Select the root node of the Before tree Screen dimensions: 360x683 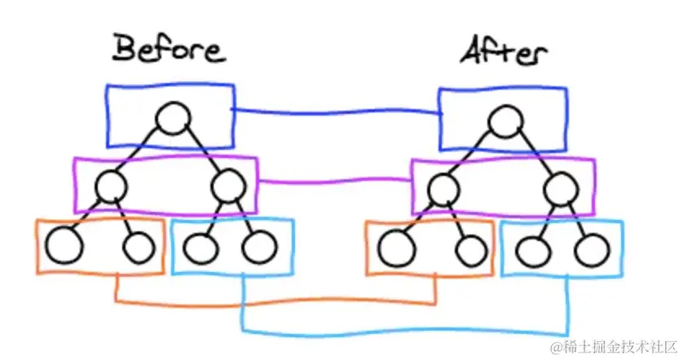[173, 120]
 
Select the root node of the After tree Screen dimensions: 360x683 [505, 123]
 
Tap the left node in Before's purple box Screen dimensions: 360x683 [110, 187]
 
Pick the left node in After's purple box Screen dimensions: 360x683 [443, 190]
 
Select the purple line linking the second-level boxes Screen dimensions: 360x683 [334, 181]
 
